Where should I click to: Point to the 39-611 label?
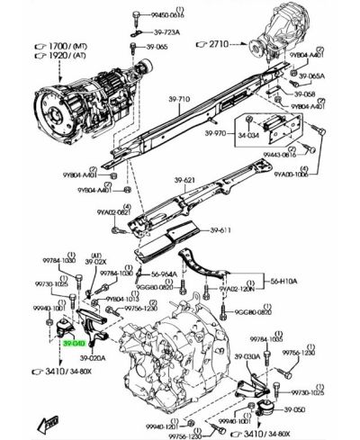click(221, 230)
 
